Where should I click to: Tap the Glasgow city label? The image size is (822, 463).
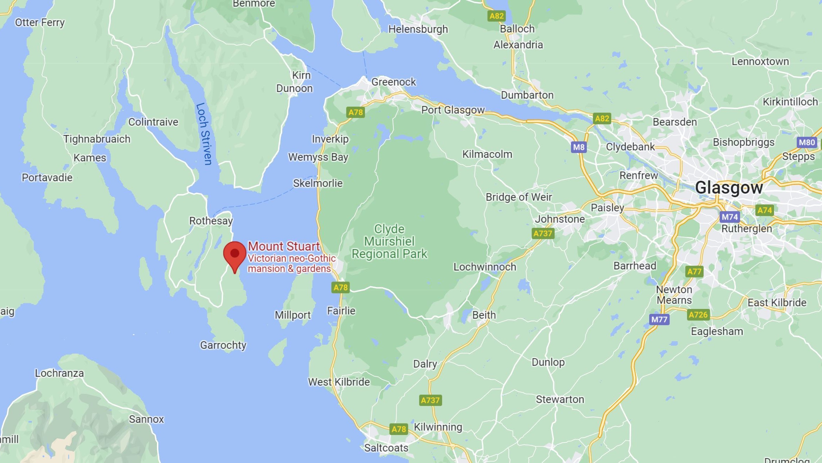click(729, 188)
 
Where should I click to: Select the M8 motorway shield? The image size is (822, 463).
click(579, 147)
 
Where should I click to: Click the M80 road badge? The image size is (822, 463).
click(807, 142)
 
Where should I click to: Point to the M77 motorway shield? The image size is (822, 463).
click(659, 319)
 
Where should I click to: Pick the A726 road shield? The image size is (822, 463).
click(698, 315)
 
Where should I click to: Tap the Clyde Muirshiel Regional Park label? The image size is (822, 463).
click(389, 241)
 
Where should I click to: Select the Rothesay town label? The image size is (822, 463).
click(211, 221)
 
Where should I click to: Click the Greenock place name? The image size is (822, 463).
click(393, 82)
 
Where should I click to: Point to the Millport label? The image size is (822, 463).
click(293, 315)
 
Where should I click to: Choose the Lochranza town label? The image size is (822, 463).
click(59, 373)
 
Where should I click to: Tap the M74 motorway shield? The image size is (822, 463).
click(730, 217)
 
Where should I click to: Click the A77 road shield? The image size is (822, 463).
click(694, 272)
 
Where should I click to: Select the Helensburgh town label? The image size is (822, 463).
click(418, 29)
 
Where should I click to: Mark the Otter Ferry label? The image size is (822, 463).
click(40, 22)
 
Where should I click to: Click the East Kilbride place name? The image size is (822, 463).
click(777, 302)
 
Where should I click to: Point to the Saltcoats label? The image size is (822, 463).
click(386, 448)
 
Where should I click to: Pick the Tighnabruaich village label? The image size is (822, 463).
click(97, 139)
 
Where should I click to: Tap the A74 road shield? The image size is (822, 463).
click(764, 210)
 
